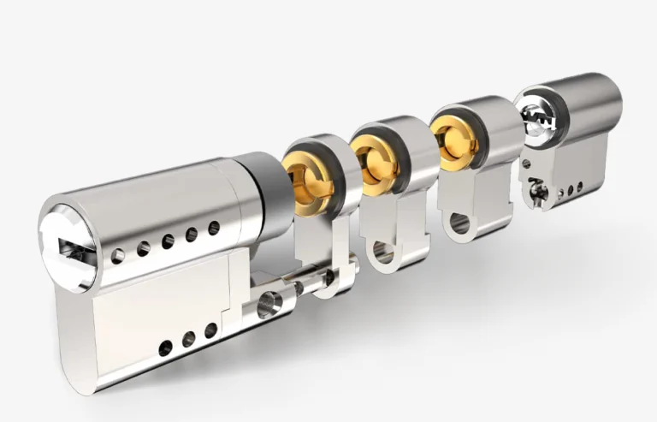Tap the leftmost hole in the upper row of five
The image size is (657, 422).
coord(118,255)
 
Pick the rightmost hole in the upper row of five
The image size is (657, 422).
coord(214,228)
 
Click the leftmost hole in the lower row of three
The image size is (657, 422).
coord(165,348)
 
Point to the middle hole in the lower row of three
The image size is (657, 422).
coord(188,339)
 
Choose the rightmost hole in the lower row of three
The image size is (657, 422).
coord(210,330)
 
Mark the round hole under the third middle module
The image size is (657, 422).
coord(459,224)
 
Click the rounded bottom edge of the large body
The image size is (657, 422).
coord(77,360)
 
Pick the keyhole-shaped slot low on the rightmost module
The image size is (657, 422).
coord(537,192)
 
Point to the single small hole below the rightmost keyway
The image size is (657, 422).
coord(525,163)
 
